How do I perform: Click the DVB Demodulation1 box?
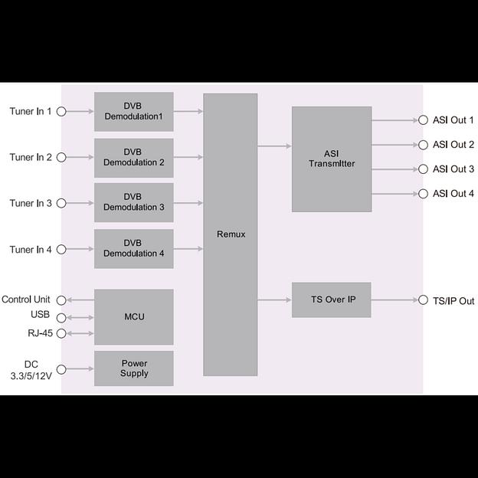pyautogui.click(x=134, y=112)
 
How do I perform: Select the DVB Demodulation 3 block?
pyautogui.click(x=134, y=202)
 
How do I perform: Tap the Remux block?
pyautogui.click(x=230, y=234)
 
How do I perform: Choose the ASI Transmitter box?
pyautogui.click(x=332, y=159)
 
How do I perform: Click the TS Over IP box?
pyautogui.click(x=332, y=300)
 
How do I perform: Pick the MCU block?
pyautogui.click(x=134, y=316)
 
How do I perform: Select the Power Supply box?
pyautogui.click(x=134, y=368)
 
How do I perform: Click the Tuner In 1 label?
pyautogui.click(x=31, y=112)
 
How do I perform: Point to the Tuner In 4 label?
pyautogui.click(x=31, y=250)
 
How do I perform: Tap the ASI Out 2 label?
pyautogui.click(x=453, y=145)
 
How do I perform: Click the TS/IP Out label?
pyautogui.click(x=453, y=301)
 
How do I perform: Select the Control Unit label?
pyautogui.click(x=26, y=300)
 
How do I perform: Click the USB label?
pyautogui.click(x=40, y=315)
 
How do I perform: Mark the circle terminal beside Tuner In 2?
pyautogui.click(x=61, y=158)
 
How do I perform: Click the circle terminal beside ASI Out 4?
pyautogui.click(x=423, y=194)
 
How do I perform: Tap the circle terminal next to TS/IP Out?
pyautogui.click(x=423, y=301)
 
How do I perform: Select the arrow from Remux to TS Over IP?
pyautogui.click(x=274, y=300)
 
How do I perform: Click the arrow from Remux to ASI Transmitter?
pyautogui.click(x=274, y=146)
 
